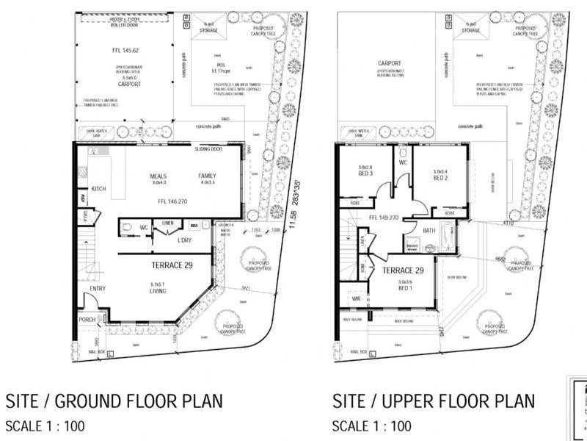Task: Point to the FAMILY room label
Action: (208, 176)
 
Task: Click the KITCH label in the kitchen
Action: (99, 189)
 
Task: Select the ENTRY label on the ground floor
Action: (98, 288)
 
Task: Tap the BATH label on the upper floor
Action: (430, 230)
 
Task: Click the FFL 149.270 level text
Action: (382, 218)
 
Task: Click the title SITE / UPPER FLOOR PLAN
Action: (434, 401)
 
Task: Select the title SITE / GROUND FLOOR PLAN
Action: (114, 401)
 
